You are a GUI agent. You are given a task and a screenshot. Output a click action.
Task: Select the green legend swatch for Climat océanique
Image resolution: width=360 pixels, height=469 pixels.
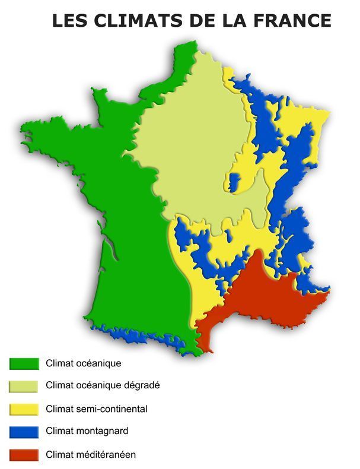tap(24, 363)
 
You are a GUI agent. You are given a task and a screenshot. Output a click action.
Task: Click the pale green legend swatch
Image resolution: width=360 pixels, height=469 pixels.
tap(24, 386)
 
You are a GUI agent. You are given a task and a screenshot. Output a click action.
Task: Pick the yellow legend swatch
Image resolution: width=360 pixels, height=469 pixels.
tap(24, 409)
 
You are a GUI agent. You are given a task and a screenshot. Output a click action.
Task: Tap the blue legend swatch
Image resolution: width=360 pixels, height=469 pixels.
tap(24, 432)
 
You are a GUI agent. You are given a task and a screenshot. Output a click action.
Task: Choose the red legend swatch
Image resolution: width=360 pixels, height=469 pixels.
tap(24, 455)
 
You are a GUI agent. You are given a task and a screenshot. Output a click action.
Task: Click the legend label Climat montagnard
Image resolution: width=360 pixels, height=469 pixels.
tap(87, 431)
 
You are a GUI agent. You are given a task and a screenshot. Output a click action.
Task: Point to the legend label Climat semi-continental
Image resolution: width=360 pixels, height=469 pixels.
tap(96, 408)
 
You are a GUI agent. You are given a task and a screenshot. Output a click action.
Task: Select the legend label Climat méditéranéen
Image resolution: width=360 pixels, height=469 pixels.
tap(91, 455)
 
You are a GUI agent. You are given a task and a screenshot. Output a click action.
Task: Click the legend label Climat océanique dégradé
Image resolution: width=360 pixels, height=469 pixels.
tap(102, 385)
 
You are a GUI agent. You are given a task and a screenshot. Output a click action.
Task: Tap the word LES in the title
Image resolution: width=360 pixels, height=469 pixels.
tap(65, 20)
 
